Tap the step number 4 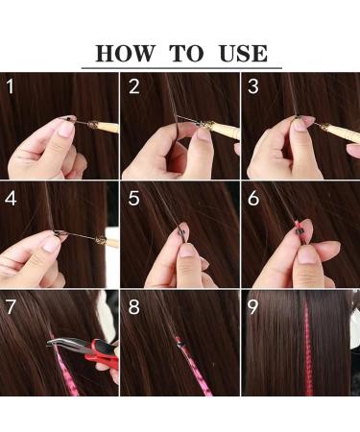(x=12, y=201)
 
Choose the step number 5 (x=133, y=201)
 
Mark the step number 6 (x=253, y=201)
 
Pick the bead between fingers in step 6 (x=300, y=234)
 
